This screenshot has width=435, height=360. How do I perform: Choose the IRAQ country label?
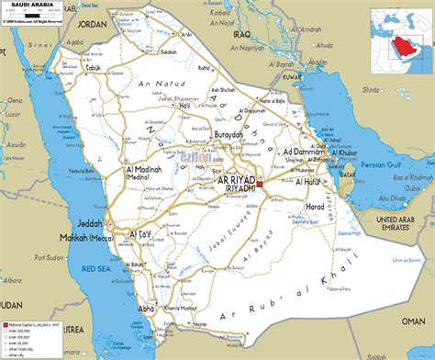click(x=241, y=34)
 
